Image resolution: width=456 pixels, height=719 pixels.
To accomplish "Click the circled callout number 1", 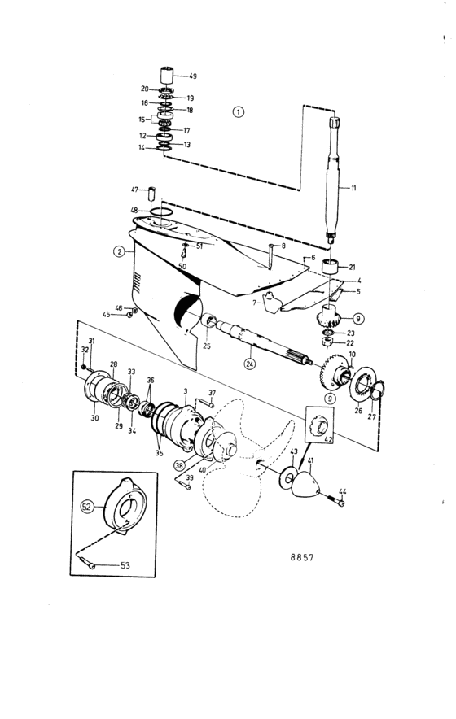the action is click(x=239, y=112).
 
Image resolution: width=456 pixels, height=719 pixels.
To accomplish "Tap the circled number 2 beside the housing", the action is click(x=120, y=251).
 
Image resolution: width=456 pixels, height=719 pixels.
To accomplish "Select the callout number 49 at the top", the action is click(x=193, y=76).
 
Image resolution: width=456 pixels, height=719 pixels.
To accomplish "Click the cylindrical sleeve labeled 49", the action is click(x=167, y=75).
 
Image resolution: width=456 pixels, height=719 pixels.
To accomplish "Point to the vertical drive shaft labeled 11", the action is click(x=333, y=179).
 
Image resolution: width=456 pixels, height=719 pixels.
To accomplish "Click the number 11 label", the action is click(x=353, y=188).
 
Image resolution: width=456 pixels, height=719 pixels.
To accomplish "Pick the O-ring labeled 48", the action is click(x=161, y=211).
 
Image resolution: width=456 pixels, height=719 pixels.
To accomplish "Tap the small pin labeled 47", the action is click(x=151, y=193).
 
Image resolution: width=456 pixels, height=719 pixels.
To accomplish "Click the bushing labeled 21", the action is click(x=330, y=267).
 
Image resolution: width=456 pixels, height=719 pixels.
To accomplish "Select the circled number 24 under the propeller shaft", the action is click(x=250, y=364).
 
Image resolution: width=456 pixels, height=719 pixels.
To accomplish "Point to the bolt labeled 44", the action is click(x=336, y=501).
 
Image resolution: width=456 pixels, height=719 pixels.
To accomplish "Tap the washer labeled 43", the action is click(x=288, y=478).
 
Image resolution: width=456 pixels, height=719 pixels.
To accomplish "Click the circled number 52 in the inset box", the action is click(x=87, y=507).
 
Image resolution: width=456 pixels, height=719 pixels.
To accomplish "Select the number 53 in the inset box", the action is click(x=125, y=565).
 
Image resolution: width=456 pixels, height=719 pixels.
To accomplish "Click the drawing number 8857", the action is click(x=302, y=557).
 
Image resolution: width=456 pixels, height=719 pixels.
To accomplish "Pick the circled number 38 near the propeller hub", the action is click(x=180, y=465).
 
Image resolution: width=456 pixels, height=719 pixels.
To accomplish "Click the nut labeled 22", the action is click(x=327, y=342).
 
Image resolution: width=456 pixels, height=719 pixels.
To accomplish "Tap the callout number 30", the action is click(x=94, y=418).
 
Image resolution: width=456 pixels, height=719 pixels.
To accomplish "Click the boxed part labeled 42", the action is click(x=320, y=424).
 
